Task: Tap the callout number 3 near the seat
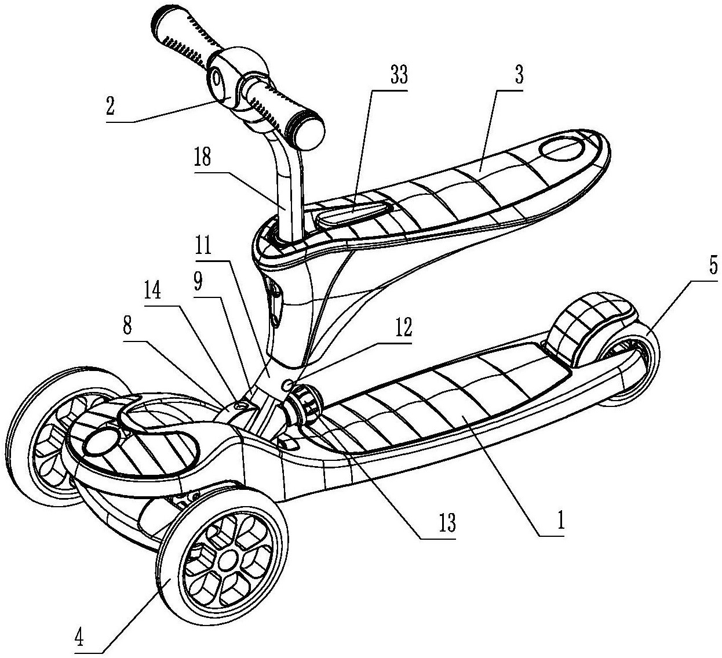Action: tap(519, 75)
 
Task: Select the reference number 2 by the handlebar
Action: tap(110, 106)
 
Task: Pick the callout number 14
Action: tap(152, 289)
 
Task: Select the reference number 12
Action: tap(403, 326)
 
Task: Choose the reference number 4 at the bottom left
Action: tap(79, 637)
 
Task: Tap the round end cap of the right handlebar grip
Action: tap(309, 135)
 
